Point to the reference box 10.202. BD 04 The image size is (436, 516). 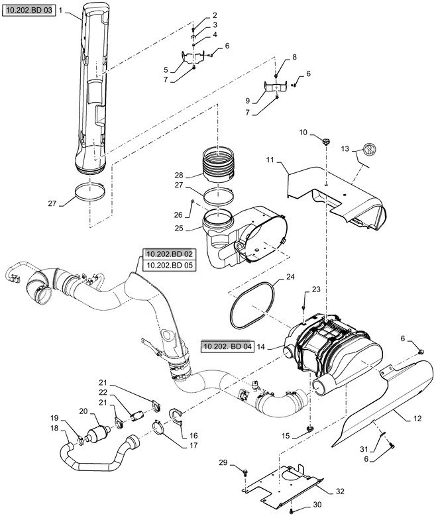228,346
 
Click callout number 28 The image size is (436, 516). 179,175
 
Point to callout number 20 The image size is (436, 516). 83,411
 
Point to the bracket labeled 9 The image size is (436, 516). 277,86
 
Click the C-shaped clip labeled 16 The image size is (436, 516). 176,416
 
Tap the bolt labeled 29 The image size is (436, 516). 246,472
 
